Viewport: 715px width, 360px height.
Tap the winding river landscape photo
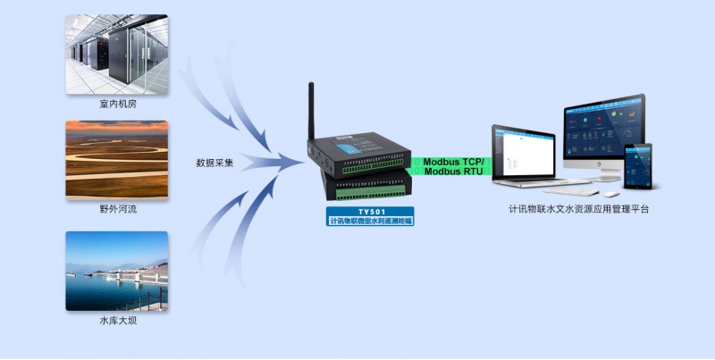click(x=116, y=159)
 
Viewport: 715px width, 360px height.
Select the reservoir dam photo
click(x=116, y=271)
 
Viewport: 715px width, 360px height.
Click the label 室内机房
click(x=117, y=104)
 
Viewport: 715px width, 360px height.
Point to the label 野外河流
click(x=117, y=208)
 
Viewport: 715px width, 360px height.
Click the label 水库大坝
click(x=117, y=320)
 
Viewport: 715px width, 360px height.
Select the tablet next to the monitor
click(x=637, y=165)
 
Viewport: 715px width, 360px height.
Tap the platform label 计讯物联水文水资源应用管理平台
click(x=578, y=210)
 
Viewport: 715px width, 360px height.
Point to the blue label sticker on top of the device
click(x=347, y=136)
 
